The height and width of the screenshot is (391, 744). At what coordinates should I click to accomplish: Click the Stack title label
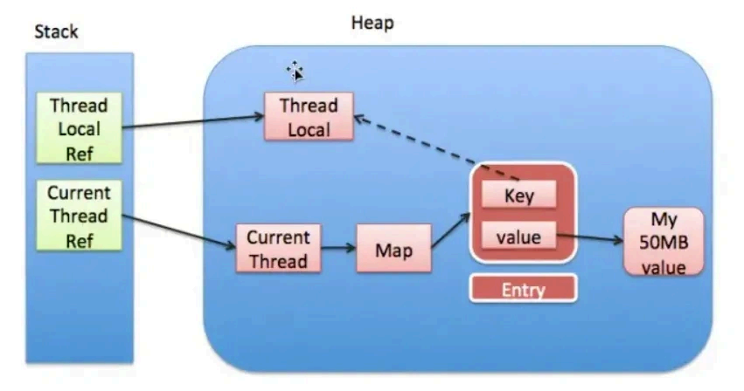click(56, 31)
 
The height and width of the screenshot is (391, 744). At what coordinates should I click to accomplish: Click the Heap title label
click(372, 23)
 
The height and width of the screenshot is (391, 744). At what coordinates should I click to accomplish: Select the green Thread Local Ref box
click(80, 128)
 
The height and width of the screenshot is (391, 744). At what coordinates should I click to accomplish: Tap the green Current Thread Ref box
click(80, 216)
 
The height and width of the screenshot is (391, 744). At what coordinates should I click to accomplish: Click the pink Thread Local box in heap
click(309, 117)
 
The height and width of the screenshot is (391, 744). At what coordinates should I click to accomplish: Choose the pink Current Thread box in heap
click(278, 249)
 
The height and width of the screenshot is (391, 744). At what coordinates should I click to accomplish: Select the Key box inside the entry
click(519, 195)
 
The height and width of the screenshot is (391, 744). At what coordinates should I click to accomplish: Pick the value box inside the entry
click(519, 236)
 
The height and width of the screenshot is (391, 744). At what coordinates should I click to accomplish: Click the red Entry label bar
click(523, 289)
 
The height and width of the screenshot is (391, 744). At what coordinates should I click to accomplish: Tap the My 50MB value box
click(664, 242)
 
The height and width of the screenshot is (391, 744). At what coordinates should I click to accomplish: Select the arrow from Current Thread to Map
click(338, 249)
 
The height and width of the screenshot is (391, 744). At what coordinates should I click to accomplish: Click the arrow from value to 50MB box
click(590, 237)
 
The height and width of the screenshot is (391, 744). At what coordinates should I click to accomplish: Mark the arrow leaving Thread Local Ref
click(192, 121)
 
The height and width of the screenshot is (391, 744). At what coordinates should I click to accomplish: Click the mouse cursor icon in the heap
click(296, 72)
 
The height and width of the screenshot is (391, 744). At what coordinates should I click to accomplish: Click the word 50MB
click(664, 243)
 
